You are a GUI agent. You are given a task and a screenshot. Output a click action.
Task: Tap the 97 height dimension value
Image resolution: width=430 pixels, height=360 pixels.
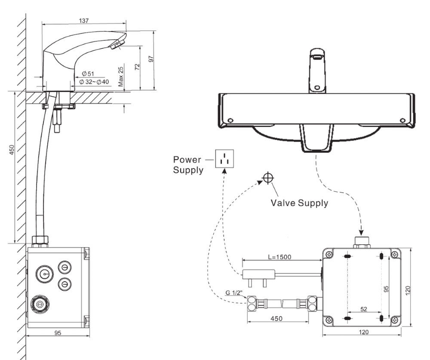pos(151,59)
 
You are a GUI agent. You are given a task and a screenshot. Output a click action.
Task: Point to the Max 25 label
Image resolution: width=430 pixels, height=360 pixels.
pos(121,77)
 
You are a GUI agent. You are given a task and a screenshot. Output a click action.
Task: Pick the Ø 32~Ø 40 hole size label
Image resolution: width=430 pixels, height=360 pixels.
pos(95,82)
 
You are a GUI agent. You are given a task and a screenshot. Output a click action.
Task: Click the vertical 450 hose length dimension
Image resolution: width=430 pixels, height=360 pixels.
pos(12,149)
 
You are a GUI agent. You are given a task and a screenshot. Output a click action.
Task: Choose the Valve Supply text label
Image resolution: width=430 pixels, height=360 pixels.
pos(299,203)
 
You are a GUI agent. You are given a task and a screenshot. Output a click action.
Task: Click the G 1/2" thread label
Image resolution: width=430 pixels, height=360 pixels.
pos(234,293)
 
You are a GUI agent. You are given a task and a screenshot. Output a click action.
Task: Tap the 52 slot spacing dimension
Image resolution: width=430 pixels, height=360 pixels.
pos(364,309)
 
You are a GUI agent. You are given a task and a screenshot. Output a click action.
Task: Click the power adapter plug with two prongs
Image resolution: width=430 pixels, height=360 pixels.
pos(258,275)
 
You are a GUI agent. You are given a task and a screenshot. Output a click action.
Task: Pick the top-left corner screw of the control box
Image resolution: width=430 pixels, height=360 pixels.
pos(329,255)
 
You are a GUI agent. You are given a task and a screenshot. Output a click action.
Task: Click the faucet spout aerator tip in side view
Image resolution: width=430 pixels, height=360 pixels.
pos(117,45)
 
